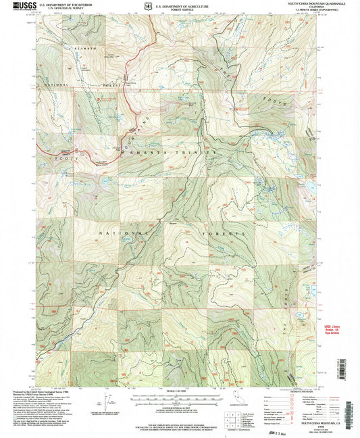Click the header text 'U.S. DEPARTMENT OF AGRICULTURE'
tap(182, 3)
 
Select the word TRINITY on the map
tap(199, 153)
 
